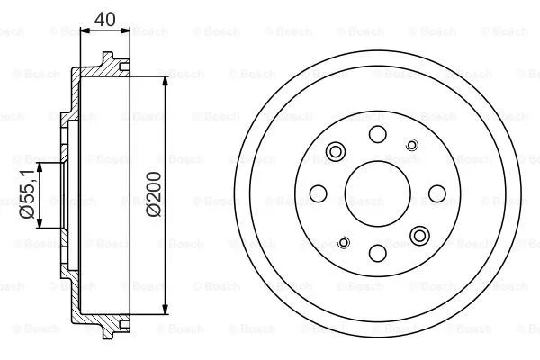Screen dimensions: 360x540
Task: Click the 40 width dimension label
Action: pos(106,17)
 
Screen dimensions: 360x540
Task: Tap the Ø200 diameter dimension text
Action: pos(154,193)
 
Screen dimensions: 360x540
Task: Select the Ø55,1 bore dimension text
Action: pos(26,193)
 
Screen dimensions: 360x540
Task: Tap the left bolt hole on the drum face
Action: pos(318,193)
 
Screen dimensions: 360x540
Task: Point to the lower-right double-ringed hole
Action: pos(419,235)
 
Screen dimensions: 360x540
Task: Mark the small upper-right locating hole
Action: pos(412,144)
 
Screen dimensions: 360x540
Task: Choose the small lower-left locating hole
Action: pos(343,241)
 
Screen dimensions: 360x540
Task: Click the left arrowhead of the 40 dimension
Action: pos(85,30)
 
